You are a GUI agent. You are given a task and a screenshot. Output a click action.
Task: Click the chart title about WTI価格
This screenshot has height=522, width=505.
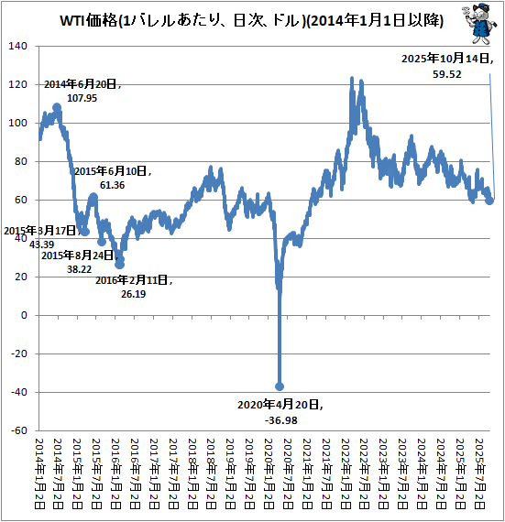click(x=252, y=20)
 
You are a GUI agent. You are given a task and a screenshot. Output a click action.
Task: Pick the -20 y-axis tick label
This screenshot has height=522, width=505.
click(x=20, y=353)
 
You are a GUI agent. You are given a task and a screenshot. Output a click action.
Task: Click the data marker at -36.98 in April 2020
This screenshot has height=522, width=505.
click(x=280, y=386)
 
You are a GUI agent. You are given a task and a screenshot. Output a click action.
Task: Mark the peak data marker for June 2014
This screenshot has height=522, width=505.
click(x=58, y=107)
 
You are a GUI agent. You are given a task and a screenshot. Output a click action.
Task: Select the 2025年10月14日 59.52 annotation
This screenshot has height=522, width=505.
click(x=447, y=67)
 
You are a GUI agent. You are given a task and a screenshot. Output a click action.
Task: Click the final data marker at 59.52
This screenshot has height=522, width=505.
click(x=490, y=201)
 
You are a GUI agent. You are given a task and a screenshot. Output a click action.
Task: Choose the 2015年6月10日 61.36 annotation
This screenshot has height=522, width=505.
click(x=112, y=178)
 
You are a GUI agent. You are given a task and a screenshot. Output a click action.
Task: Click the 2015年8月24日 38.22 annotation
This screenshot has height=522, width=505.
click(x=77, y=263)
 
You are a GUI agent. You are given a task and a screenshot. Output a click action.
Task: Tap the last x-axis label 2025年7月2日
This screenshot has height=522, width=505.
click(x=481, y=474)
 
